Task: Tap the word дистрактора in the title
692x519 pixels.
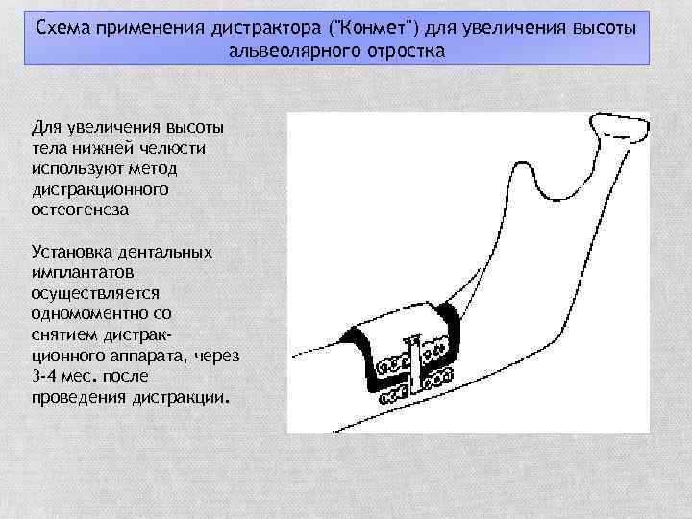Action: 253,26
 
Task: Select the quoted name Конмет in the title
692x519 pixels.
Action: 358,26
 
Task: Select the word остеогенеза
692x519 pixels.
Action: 80,209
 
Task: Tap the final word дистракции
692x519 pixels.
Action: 183,396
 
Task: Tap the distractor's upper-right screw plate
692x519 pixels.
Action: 437,349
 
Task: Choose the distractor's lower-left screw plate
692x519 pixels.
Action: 393,395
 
